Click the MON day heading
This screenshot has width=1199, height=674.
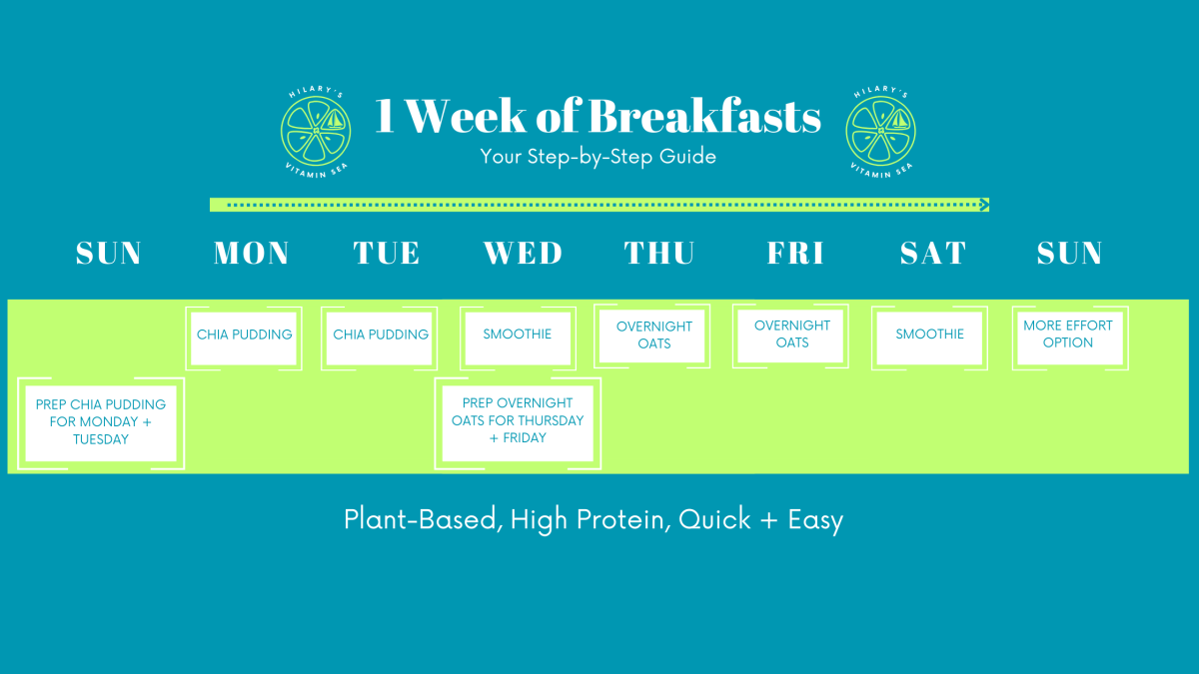tap(251, 254)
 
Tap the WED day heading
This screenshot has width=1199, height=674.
tap(523, 254)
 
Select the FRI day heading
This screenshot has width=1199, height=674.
tap(795, 254)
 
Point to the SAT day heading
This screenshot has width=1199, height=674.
tap(932, 254)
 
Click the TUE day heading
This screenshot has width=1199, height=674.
tap(387, 254)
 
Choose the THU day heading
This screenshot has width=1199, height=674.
tap(659, 254)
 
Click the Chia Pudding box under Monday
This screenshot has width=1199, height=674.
tap(245, 336)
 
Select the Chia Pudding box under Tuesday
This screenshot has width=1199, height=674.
tap(381, 336)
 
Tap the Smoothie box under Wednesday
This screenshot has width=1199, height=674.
tap(518, 336)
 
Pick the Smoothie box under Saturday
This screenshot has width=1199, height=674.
tap(930, 336)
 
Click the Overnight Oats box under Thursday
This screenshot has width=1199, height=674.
tap(654, 336)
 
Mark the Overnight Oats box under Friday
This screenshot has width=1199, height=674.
tap(792, 335)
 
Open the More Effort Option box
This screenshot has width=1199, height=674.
tap(1068, 335)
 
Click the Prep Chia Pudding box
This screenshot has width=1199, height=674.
tap(101, 421)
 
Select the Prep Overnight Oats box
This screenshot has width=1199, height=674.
tap(518, 421)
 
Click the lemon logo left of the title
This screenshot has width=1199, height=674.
tap(316, 130)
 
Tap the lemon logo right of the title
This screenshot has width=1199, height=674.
tap(880, 130)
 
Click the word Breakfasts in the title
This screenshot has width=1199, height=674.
tap(704, 117)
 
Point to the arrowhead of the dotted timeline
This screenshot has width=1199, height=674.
tap(984, 205)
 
